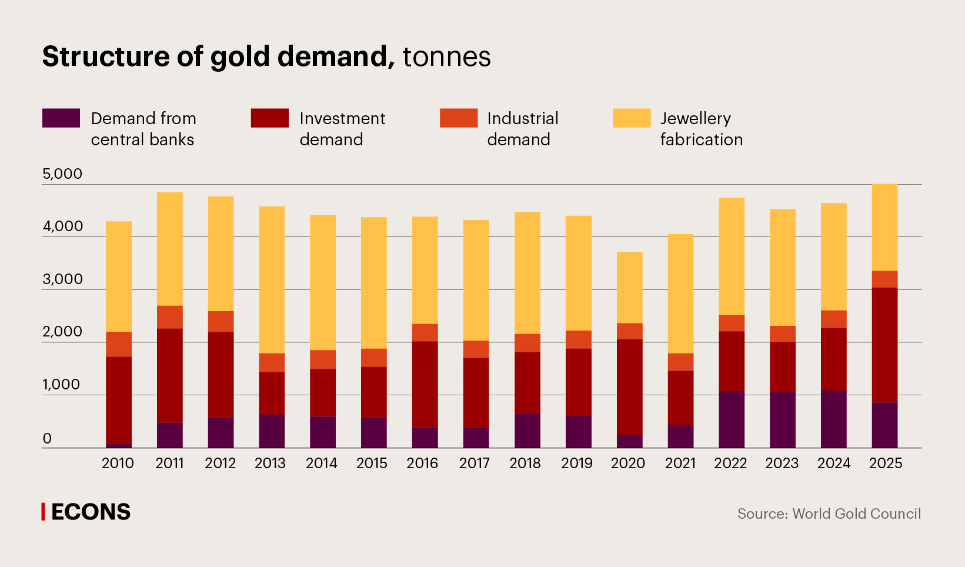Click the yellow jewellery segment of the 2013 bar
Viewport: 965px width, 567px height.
coord(272,279)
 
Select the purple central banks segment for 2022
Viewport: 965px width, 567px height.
coord(731,419)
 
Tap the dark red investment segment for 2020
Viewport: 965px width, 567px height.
coord(629,386)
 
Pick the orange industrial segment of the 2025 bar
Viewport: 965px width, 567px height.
coord(884,279)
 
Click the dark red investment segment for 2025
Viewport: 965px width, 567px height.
coord(884,345)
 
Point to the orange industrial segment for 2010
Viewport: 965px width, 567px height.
coord(119,344)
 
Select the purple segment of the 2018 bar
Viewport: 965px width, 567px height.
coord(527,430)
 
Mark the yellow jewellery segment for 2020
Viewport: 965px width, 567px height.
coord(629,287)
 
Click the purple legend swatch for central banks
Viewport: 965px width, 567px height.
coord(61,118)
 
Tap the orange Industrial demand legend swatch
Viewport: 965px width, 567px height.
coord(458,118)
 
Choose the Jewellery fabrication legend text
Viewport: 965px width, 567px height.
coord(701,129)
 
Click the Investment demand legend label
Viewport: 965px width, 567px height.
coord(342,129)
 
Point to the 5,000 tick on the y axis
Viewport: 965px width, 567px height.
coord(62,174)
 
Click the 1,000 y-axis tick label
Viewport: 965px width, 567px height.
coord(61,385)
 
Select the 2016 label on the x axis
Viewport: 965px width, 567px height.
coord(422,463)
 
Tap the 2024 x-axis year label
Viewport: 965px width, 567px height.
coord(833,463)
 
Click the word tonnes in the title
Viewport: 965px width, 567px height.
coord(446,57)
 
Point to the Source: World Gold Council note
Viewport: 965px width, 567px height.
coord(829,513)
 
